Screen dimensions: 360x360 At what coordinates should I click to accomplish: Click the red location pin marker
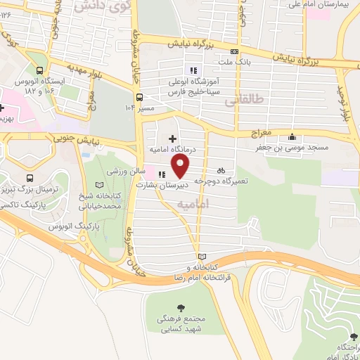181,166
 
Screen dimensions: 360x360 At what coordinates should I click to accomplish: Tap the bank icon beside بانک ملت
233,51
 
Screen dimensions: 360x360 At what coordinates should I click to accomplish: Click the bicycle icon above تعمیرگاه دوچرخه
221,169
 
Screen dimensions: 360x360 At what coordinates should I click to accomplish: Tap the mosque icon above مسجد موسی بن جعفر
292,137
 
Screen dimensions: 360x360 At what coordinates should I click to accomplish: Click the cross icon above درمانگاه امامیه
172,139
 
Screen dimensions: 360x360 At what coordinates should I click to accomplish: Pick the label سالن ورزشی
125,172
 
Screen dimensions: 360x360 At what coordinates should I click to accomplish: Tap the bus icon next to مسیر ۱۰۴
139,97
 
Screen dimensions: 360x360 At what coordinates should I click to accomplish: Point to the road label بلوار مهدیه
70,70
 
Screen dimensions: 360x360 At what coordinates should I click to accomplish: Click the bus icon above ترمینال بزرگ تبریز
30,179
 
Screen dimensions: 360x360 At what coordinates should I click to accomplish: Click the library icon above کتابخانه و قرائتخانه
202,257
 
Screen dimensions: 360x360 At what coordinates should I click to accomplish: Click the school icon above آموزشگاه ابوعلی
194,70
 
